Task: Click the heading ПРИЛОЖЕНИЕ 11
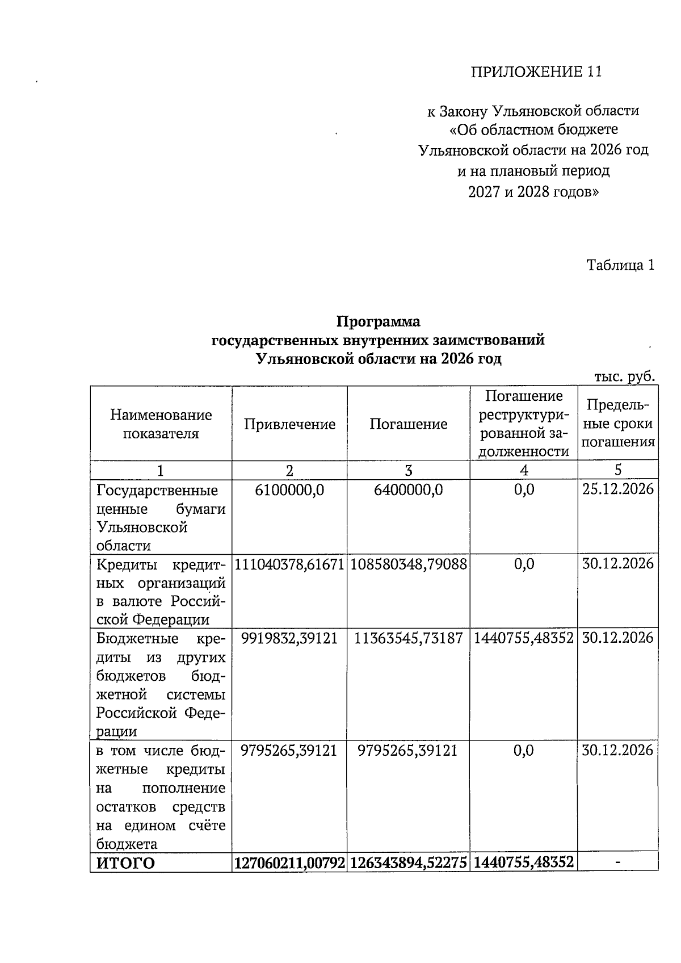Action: tap(536, 72)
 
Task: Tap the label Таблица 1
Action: tap(620, 265)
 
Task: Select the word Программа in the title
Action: tap(378, 322)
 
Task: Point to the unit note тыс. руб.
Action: tap(624, 377)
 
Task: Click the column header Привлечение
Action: tap(289, 424)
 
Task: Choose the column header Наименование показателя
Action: tap(161, 424)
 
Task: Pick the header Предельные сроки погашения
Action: tap(618, 424)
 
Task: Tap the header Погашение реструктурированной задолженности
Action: tap(524, 424)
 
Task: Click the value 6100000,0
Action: tap(289, 489)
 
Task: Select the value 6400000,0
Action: tap(408, 489)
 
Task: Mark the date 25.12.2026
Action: tap(618, 489)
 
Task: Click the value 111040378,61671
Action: tap(289, 564)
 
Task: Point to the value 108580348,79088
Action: tap(408, 564)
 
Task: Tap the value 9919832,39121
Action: tap(289, 638)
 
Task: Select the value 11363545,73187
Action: tap(408, 638)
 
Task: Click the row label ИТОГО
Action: tap(125, 864)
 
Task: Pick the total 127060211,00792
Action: tap(289, 864)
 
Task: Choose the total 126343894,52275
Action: tap(408, 864)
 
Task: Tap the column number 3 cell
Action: tap(408, 470)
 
